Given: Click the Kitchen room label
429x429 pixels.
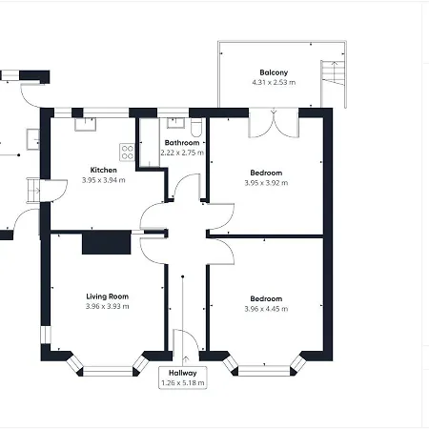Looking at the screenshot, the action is click(103, 170).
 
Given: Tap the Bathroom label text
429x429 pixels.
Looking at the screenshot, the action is click(182, 143).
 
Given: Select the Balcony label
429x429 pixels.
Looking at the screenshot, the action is click(274, 72).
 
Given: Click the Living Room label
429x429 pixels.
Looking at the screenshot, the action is click(108, 296).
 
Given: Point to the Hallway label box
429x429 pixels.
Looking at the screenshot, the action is click(183, 378).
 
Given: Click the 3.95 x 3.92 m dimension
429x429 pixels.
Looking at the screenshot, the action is click(266, 183).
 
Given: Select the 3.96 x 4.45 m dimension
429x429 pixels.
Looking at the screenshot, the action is click(266, 309).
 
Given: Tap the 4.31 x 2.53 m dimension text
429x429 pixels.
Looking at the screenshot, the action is click(274, 83).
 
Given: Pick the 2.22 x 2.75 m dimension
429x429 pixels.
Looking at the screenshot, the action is click(182, 153).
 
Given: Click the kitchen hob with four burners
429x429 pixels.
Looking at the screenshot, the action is click(127, 153).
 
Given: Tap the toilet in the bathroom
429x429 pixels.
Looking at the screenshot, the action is click(196, 127).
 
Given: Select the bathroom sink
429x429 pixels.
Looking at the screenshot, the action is click(175, 123).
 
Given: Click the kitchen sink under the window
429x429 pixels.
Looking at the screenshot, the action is click(86, 124).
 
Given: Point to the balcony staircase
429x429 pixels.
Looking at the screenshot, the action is click(333, 73).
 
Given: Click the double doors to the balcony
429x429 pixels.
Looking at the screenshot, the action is click(274, 123).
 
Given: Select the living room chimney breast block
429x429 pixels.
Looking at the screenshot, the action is click(107, 242).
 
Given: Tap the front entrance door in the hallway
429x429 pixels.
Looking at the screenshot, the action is click(186, 340).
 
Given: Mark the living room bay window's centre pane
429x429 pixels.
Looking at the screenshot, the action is click(108, 371).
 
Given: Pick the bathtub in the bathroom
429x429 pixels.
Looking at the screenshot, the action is click(150, 143).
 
